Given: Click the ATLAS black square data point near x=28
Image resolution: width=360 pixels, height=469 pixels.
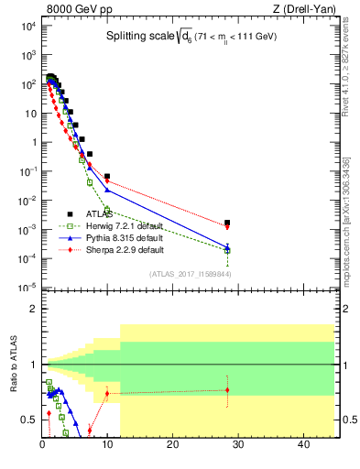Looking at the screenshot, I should coord(227,223).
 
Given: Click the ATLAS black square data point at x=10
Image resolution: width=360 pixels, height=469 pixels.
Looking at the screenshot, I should coord(107,176).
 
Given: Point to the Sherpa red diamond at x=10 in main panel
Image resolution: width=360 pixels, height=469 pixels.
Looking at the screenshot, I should coord(107,181).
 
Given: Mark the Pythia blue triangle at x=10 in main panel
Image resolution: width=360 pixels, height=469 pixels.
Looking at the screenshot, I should coord(107,190).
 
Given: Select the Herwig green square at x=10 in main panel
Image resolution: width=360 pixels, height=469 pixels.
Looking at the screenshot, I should coord(107,210).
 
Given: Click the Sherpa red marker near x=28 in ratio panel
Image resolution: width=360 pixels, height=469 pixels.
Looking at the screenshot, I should coord(227,390).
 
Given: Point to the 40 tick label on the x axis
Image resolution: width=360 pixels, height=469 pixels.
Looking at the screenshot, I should coord(303,445).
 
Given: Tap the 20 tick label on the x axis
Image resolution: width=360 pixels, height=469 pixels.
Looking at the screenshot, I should coord(173,445).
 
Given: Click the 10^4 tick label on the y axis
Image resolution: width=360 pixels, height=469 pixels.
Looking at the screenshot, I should coord(28,26).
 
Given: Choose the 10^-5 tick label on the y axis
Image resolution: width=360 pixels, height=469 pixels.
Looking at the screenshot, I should coord(27,288).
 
